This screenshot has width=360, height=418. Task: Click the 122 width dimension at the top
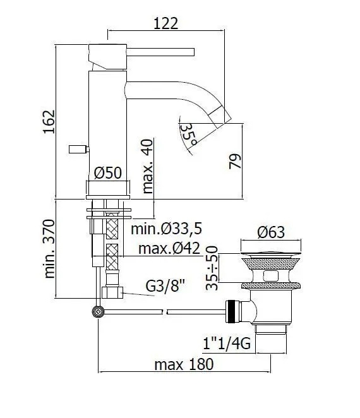[165, 23]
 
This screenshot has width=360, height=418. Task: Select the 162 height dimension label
[49, 122]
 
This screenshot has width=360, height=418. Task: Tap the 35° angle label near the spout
[189, 135]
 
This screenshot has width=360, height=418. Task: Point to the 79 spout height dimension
[235, 161]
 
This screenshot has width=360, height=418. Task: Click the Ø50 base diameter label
[108, 173]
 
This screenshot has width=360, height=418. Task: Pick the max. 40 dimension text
[148, 166]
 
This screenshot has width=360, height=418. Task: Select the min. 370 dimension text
[49, 249]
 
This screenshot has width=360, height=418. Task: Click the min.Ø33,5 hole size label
[166, 229]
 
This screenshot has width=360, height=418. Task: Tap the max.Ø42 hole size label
[169, 249]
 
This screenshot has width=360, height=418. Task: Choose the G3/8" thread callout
[165, 285]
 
